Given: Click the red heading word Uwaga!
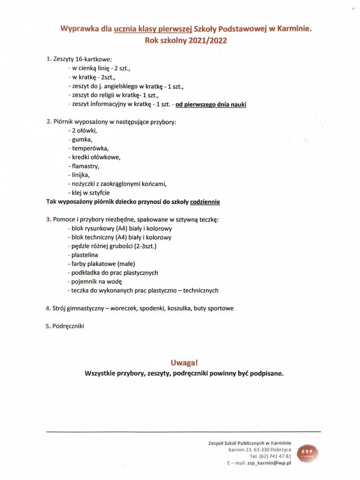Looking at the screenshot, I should coord(184,363).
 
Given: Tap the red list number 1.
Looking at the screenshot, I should coord(49,59).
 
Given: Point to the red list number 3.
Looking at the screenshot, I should coord(48,220).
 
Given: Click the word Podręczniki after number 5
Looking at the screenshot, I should coord(68,326).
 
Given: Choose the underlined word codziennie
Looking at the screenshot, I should coord(205,202).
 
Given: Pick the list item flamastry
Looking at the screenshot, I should coord(85,166).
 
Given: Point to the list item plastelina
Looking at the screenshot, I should coord(84,255).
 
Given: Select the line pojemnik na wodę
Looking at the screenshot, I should coord(96,282).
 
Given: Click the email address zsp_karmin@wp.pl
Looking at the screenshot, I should coord(269,463).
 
